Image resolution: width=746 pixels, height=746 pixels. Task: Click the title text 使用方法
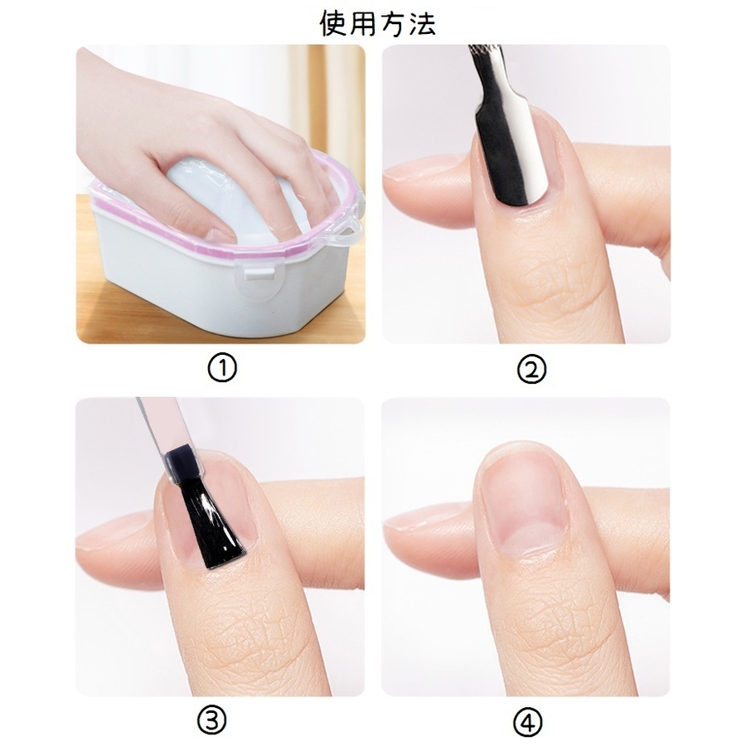pyautogui.click(x=378, y=23)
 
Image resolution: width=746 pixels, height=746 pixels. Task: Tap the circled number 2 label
pyautogui.click(x=531, y=370)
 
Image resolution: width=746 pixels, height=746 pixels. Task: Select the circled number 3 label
pyautogui.click(x=211, y=722)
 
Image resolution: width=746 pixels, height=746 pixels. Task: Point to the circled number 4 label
pyautogui.click(x=528, y=722)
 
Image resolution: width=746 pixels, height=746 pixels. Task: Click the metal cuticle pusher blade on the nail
pyautogui.click(x=509, y=153)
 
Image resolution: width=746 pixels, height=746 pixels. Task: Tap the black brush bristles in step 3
pyautogui.click(x=211, y=523)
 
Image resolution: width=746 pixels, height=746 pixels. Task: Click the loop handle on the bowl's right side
pyautogui.click(x=350, y=230)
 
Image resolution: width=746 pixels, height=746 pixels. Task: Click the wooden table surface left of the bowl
pyautogui.click(x=85, y=266)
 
